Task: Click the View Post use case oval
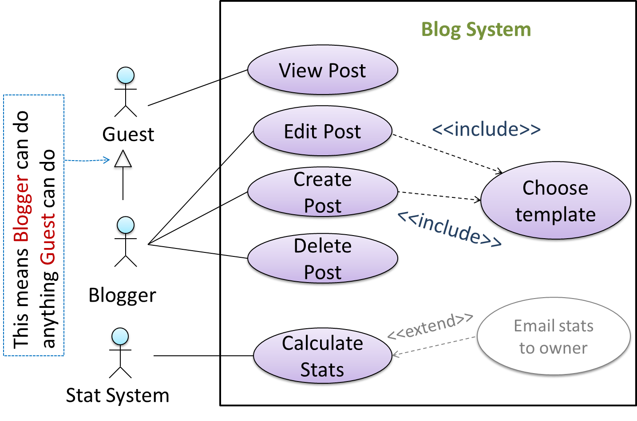pyautogui.click(x=323, y=71)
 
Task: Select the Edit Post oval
pyautogui.click(x=323, y=132)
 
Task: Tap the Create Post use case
pyautogui.click(x=323, y=193)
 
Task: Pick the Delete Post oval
pyautogui.click(x=323, y=259)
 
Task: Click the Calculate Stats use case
pyautogui.click(x=323, y=357)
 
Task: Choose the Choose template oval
pyautogui.click(x=555, y=201)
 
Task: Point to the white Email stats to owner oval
pyautogui.click(x=554, y=337)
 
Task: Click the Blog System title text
pyautogui.click(x=476, y=30)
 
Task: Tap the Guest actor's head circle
pyautogui.click(x=126, y=76)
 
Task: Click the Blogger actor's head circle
pyautogui.click(x=126, y=226)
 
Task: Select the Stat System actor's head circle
pyautogui.click(x=120, y=337)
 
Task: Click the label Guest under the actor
pyautogui.click(x=128, y=134)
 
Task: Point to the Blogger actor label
pyautogui.click(x=122, y=295)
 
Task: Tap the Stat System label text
pyautogui.click(x=118, y=396)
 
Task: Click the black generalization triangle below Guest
pyautogui.click(x=123, y=161)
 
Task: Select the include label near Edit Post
pyautogui.click(x=486, y=129)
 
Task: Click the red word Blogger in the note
pyautogui.click(x=22, y=209)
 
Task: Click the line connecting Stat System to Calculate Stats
pyautogui.click(x=202, y=356)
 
